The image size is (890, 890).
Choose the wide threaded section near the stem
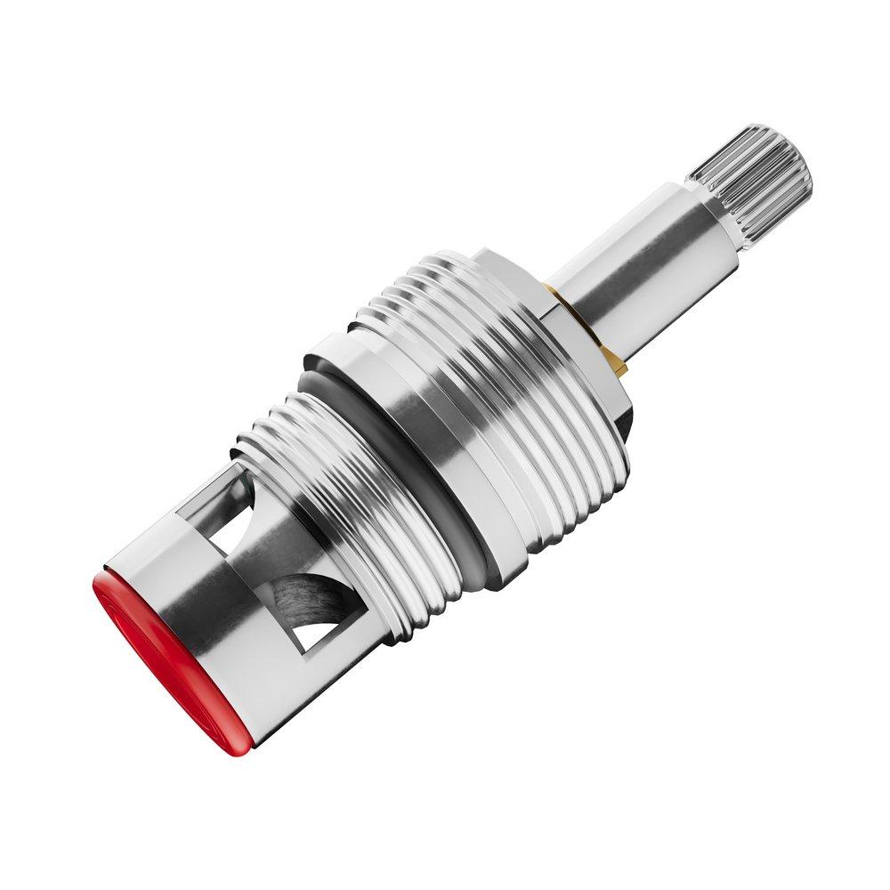[x=498, y=374]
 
